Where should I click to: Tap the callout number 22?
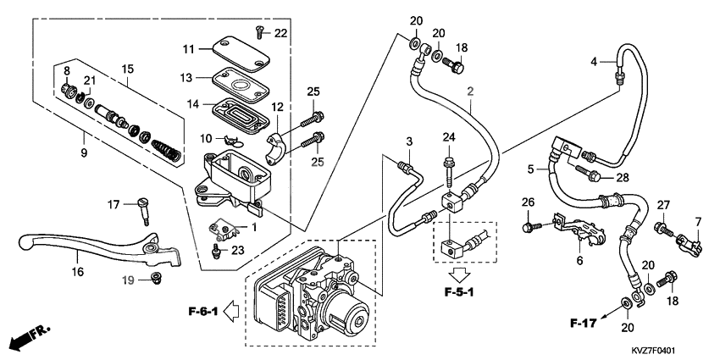coord(281,32)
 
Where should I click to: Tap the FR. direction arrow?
coord(29,337)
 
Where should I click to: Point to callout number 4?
coord(595,61)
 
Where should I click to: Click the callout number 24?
coord(448,137)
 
